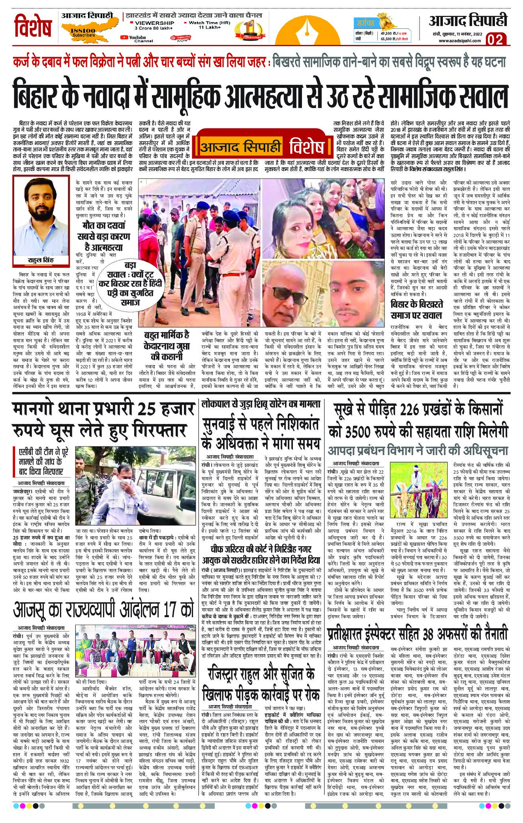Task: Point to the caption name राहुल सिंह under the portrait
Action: click(41, 261)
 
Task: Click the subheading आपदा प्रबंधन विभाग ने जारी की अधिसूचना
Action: click(417, 451)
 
